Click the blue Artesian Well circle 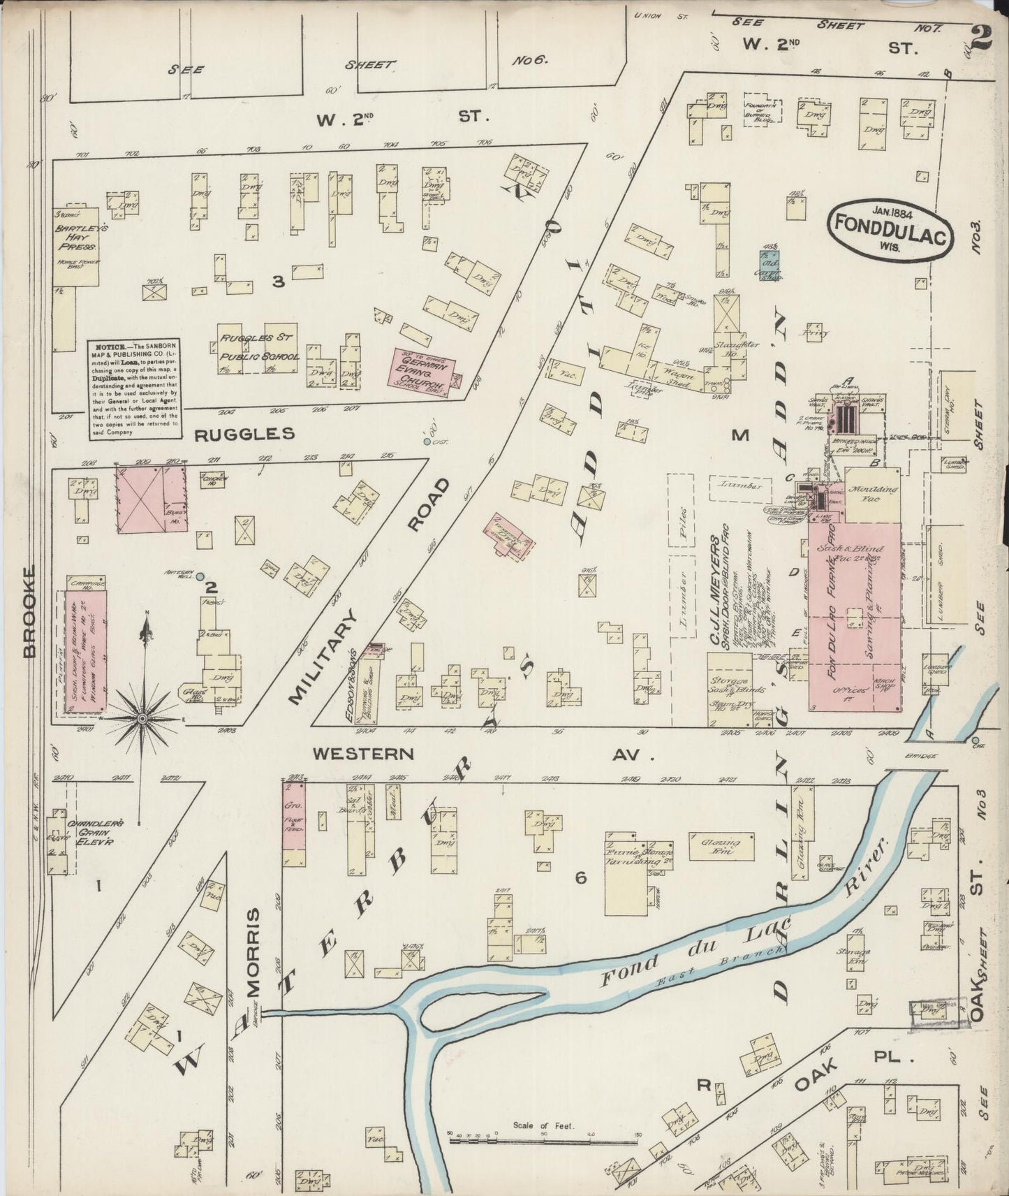point(200,576)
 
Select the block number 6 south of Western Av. point(580,878)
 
